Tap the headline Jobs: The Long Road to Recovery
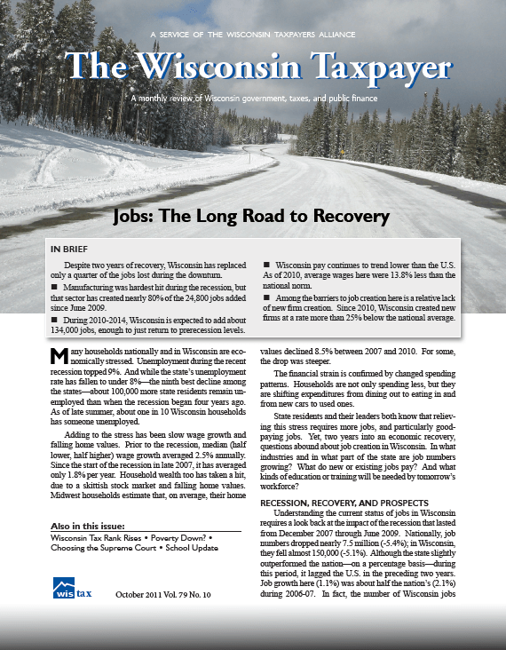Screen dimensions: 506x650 click(x=253, y=216)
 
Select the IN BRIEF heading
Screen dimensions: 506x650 click(x=71, y=249)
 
